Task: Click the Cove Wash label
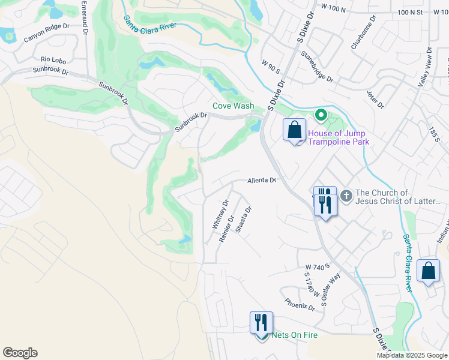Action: click(x=233, y=106)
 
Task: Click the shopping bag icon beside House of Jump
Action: click(x=294, y=130)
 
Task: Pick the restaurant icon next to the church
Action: click(x=324, y=203)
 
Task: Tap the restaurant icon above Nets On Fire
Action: click(x=261, y=323)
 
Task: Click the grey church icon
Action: click(x=346, y=196)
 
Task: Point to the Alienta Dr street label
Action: click(x=262, y=180)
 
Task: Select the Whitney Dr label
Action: click(x=221, y=214)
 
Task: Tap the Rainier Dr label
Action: click(x=226, y=230)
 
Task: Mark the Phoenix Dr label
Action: click(x=300, y=305)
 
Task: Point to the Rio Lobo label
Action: click(x=53, y=59)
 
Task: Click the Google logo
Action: click(x=20, y=353)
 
